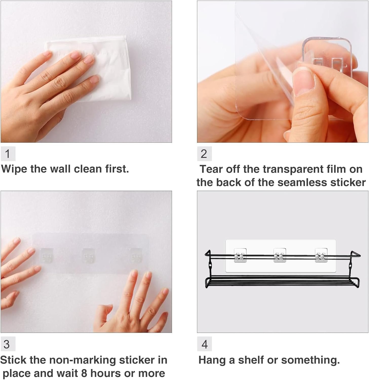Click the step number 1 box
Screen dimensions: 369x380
[x=8, y=154]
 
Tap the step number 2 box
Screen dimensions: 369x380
[x=204, y=154]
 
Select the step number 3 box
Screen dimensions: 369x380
[x=8, y=344]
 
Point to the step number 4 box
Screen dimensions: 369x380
[x=204, y=344]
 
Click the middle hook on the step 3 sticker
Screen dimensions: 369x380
[x=88, y=256]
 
